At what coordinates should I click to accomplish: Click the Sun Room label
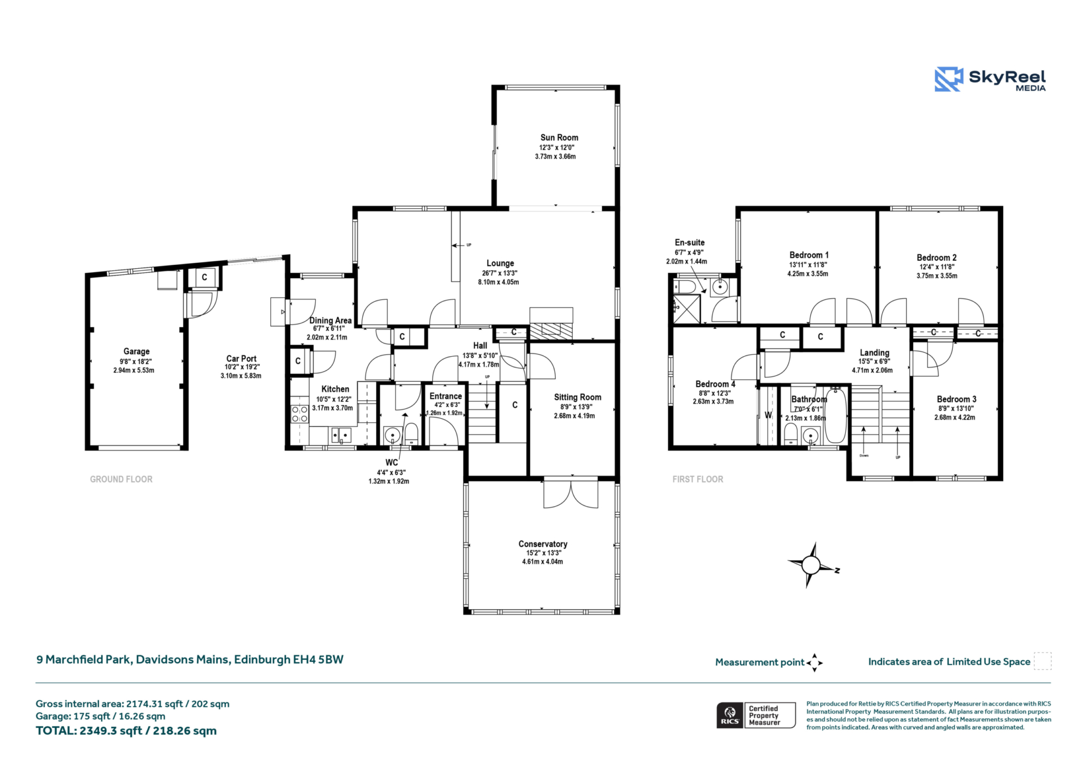click(559, 137)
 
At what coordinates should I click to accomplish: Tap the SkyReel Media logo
click(990, 80)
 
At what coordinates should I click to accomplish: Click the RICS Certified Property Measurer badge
click(756, 715)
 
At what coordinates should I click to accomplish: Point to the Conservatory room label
click(543, 544)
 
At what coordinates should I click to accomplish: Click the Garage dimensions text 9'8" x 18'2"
click(136, 362)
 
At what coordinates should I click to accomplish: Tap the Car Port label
click(241, 358)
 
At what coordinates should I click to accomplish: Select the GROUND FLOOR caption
click(121, 479)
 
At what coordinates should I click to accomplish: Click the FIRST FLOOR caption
click(698, 479)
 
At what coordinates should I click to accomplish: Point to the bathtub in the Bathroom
click(836, 415)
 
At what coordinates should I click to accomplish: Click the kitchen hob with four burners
click(299, 414)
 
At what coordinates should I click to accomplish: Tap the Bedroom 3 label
click(957, 399)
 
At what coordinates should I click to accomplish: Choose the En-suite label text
click(690, 243)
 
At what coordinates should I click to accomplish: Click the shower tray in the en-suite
click(686, 309)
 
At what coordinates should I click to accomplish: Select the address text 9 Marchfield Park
click(83, 660)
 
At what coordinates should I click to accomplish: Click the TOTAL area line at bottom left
click(126, 731)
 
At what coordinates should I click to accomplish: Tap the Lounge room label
click(500, 263)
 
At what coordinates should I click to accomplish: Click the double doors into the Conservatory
click(571, 493)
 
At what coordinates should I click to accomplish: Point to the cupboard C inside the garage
click(205, 278)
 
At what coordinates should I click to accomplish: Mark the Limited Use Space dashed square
click(1042, 661)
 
